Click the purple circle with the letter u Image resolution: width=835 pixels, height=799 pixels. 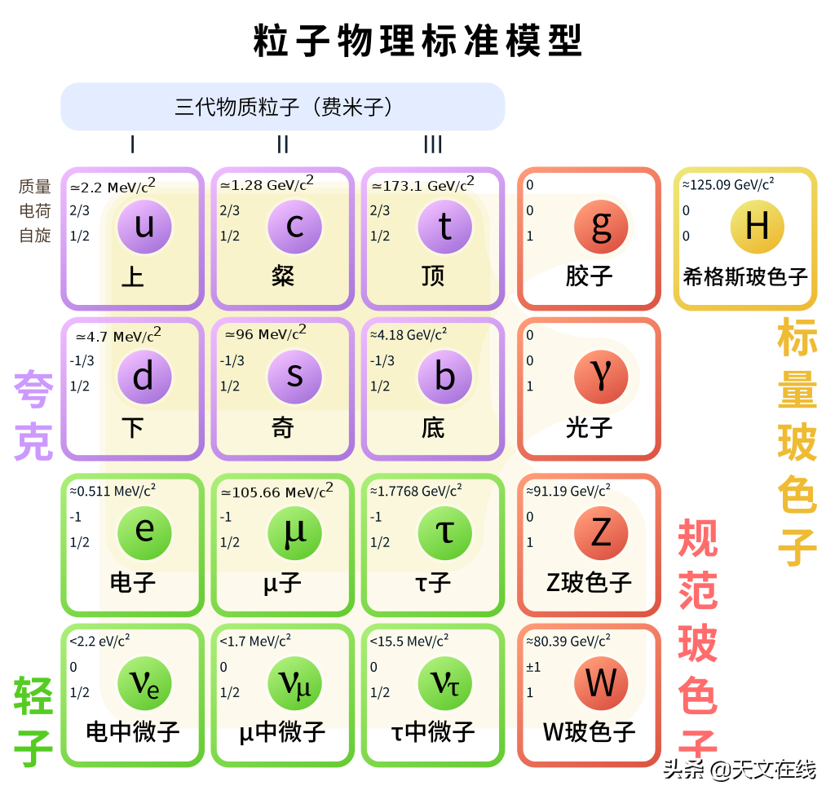(x=144, y=227)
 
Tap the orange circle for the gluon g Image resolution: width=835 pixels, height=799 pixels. (x=601, y=227)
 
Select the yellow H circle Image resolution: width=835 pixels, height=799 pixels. (x=758, y=227)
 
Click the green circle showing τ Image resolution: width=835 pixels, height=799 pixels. (x=445, y=533)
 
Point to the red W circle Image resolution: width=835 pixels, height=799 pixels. (x=601, y=683)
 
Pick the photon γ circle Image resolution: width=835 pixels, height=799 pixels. (x=601, y=377)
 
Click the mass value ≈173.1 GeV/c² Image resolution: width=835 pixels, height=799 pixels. (x=423, y=184)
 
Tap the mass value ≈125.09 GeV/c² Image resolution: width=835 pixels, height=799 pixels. (x=728, y=184)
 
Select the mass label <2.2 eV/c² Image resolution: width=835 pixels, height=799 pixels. (x=99, y=640)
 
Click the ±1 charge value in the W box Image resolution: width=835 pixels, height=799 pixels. (x=533, y=667)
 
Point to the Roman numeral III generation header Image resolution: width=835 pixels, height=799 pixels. (x=433, y=144)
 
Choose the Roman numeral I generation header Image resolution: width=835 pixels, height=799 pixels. (x=133, y=144)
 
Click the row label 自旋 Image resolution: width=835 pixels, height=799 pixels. (x=35, y=236)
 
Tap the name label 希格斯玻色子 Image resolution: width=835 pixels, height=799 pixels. (x=745, y=277)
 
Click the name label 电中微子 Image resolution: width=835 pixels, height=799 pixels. (x=133, y=732)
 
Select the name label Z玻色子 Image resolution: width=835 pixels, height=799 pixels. (x=589, y=582)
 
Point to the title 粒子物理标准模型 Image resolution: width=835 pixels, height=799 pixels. (x=418, y=41)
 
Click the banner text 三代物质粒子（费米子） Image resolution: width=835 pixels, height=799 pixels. (x=283, y=107)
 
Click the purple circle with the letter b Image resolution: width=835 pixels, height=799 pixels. (x=445, y=377)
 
